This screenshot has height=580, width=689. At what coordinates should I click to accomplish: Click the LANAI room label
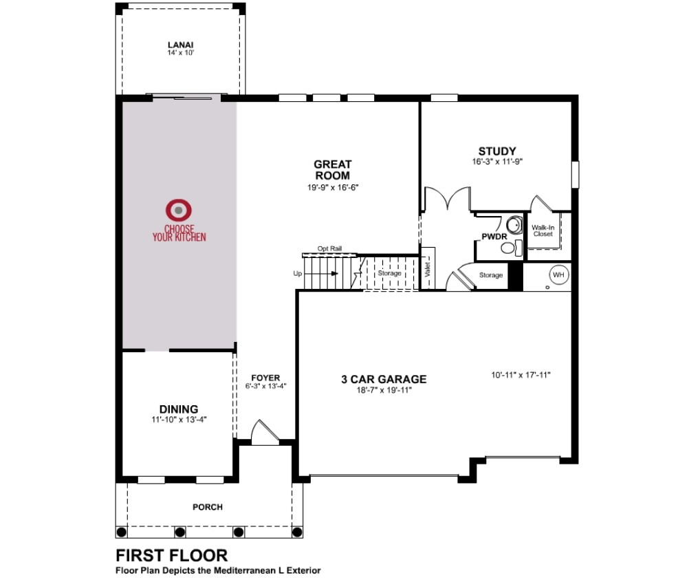(x=181, y=45)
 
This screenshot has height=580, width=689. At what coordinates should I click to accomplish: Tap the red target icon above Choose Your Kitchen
(x=178, y=210)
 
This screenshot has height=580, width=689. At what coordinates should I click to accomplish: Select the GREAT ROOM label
(x=333, y=170)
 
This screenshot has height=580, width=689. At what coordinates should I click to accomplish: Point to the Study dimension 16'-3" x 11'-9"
(x=497, y=162)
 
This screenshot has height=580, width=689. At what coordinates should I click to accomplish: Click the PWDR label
(x=494, y=237)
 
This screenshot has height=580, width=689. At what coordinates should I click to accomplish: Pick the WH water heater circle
(x=558, y=275)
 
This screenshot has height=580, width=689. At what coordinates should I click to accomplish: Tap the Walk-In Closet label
(x=543, y=230)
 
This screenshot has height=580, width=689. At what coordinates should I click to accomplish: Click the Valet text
(x=428, y=269)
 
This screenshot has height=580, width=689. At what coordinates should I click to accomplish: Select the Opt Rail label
(x=329, y=248)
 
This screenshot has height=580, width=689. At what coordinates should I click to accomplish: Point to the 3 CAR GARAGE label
(x=384, y=379)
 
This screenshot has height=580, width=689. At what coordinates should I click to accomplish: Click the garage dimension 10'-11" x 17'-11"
(x=521, y=375)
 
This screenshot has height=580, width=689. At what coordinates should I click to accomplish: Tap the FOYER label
(x=265, y=378)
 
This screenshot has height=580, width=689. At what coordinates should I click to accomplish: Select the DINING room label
(x=179, y=409)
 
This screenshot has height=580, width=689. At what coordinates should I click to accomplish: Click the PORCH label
(x=208, y=507)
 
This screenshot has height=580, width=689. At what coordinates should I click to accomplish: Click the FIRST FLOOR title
(x=172, y=555)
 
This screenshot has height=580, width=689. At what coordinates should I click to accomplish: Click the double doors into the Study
(x=448, y=199)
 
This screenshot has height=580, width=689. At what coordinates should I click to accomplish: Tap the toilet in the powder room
(x=511, y=248)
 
